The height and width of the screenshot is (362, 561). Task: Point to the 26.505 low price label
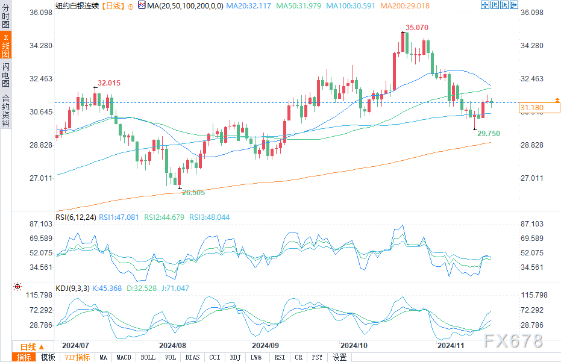(x=193, y=193)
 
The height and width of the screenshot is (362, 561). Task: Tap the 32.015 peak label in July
(x=109, y=83)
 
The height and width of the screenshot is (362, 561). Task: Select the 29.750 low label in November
(x=489, y=133)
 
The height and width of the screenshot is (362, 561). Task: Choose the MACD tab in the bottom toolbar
(x=124, y=357)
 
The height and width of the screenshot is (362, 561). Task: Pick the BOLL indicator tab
(x=148, y=357)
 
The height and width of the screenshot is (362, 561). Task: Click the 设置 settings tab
(x=340, y=357)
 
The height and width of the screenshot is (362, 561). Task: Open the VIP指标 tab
(x=77, y=357)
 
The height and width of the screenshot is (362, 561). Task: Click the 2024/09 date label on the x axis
(x=265, y=346)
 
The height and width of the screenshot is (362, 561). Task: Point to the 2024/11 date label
(x=450, y=346)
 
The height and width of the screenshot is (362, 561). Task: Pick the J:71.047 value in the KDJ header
(x=176, y=289)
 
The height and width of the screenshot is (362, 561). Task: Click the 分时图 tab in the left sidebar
(x=5, y=19)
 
